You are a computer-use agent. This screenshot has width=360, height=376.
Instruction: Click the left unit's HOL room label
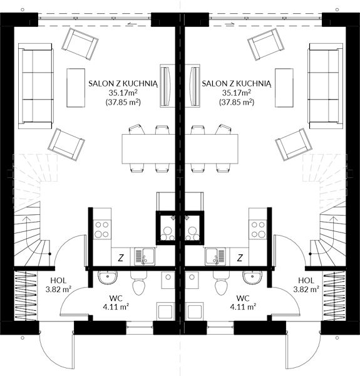pos(58,280)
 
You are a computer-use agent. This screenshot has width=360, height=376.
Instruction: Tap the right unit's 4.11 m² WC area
pos(243,306)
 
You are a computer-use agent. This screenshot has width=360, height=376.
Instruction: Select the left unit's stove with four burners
pos(102,229)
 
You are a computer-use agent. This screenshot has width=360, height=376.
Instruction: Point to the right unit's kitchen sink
pos(215,256)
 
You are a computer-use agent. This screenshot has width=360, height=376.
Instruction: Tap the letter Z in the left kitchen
pos(121,258)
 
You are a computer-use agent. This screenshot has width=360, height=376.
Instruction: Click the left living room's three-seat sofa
pos(36,86)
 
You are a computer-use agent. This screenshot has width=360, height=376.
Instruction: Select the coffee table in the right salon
pos(284,88)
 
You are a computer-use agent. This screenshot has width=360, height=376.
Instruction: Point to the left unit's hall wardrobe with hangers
pos(26,295)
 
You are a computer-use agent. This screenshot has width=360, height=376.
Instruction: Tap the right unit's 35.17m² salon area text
pos(237,93)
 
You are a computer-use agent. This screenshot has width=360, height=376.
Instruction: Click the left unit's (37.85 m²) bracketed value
pos(123,102)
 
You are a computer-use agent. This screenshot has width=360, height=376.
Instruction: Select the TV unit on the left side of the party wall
pos(168,86)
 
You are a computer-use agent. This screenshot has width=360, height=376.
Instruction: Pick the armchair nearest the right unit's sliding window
pos(265,44)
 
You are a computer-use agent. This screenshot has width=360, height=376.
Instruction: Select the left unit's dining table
pos(148,149)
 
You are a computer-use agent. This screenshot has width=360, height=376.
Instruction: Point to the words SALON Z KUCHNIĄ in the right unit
pos(237,84)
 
